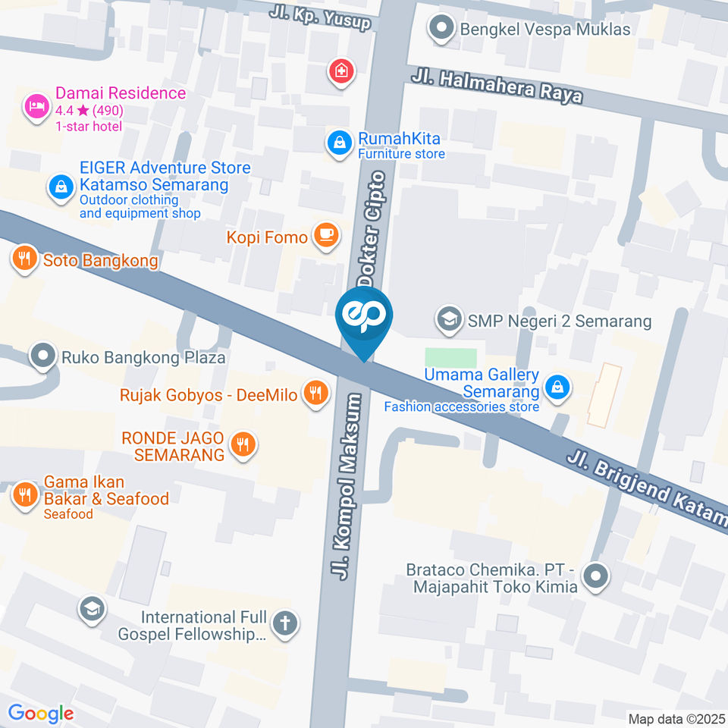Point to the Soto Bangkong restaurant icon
click(25, 259)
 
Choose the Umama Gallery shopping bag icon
click(558, 387)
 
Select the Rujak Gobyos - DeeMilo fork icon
click(315, 393)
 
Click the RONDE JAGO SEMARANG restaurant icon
click(243, 445)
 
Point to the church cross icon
click(285, 624)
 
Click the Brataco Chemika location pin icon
click(597, 577)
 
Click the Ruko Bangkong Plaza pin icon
click(42, 356)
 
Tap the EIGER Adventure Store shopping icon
click(60, 187)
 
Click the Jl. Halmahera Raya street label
click(497, 86)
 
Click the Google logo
click(41, 713)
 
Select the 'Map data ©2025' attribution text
click(676, 718)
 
